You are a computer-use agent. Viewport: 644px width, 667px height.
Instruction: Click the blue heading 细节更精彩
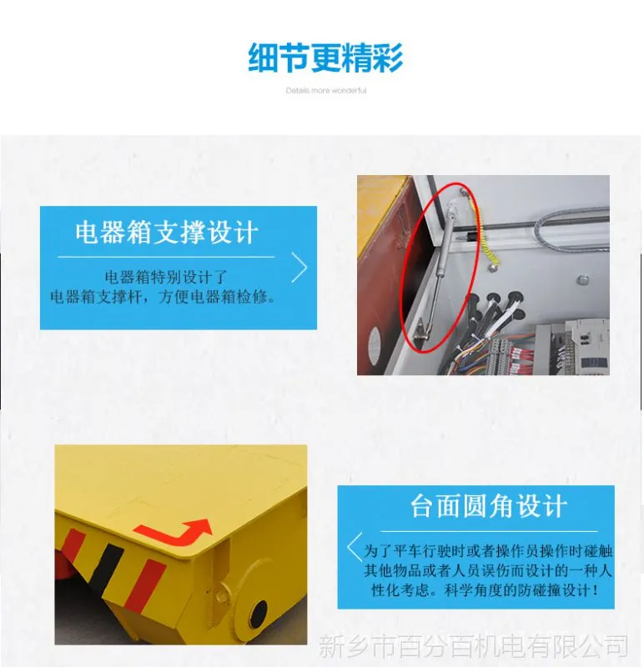point(325,58)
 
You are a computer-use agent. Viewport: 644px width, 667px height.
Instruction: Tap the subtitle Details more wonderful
point(326,90)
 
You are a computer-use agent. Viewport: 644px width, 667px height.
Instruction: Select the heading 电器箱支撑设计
point(167,233)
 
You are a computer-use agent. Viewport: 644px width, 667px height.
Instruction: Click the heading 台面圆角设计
point(489,506)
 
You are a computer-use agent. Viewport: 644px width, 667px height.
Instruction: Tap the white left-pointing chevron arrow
point(354,547)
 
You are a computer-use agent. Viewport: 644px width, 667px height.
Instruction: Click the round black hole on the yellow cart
point(258,614)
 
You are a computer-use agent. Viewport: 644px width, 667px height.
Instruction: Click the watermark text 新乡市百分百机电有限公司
point(473,646)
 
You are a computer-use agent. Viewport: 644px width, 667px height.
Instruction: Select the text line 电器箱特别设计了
point(167,277)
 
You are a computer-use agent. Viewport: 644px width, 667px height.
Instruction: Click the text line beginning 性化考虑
point(486,590)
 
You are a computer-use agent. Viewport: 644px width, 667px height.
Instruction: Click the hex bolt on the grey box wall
point(583,280)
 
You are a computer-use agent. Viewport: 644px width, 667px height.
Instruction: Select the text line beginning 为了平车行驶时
point(488,551)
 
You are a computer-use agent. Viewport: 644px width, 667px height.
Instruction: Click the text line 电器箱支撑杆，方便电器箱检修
point(163,297)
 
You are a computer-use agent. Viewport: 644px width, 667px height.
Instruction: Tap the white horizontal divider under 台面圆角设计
point(489,531)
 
